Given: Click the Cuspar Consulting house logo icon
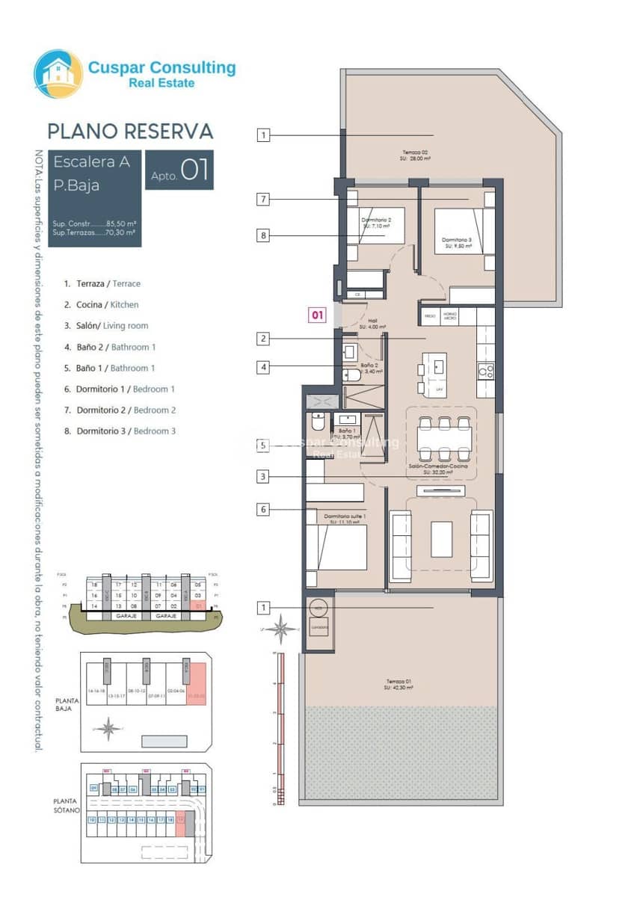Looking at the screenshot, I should tap(58, 74).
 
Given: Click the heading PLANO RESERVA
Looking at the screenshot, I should tap(130, 132).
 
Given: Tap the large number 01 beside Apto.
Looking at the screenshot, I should tap(194, 170).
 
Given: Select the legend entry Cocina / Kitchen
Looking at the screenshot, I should tap(101, 305).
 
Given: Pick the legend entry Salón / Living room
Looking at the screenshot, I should tap(105, 326).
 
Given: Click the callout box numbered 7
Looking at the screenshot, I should tap(263, 200).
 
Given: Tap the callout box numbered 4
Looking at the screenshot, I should tap(263, 367).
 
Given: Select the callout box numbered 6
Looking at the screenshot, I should tap(263, 510).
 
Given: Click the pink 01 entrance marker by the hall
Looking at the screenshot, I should tap(317, 315).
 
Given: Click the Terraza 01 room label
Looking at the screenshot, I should tap(399, 684).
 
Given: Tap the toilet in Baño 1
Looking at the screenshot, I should tap(318, 424).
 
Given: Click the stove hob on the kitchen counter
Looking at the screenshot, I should tap(485, 370).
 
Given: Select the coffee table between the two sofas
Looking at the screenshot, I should tap(441, 539).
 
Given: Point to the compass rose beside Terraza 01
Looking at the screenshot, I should tap(281, 629).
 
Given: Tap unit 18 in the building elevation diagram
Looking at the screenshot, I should tap(95, 585).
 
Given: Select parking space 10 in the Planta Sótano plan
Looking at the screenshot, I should tap(92, 820).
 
